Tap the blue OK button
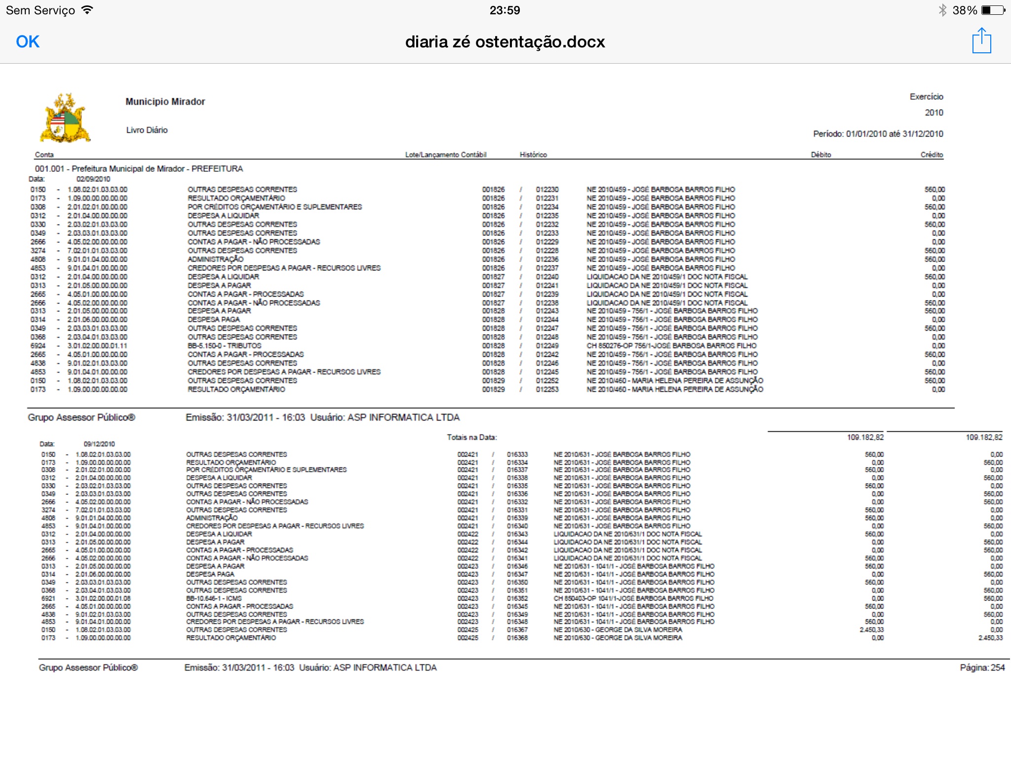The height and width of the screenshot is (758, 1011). (28, 42)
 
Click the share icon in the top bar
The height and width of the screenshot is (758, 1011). (981, 41)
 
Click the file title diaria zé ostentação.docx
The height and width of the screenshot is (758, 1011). (505, 42)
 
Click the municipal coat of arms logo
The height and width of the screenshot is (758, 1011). (65, 118)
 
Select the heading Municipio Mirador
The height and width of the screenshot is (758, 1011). (165, 102)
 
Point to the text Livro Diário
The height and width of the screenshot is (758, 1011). (147, 130)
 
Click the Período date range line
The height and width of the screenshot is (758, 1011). (878, 134)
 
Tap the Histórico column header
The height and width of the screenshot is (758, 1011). (533, 155)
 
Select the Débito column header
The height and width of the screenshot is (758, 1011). (820, 155)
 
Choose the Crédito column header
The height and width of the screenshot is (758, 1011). (932, 155)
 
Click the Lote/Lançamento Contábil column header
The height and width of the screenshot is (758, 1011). (446, 155)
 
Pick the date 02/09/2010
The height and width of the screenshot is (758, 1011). (93, 179)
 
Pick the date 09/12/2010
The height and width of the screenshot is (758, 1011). (99, 444)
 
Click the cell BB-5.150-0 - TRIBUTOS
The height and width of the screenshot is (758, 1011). (224, 346)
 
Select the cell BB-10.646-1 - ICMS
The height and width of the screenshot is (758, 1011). (214, 599)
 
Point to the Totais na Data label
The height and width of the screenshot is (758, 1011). (471, 437)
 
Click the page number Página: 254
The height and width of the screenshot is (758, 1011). (982, 668)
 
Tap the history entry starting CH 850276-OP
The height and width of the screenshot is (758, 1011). (671, 346)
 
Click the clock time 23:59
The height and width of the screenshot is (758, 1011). (505, 10)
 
